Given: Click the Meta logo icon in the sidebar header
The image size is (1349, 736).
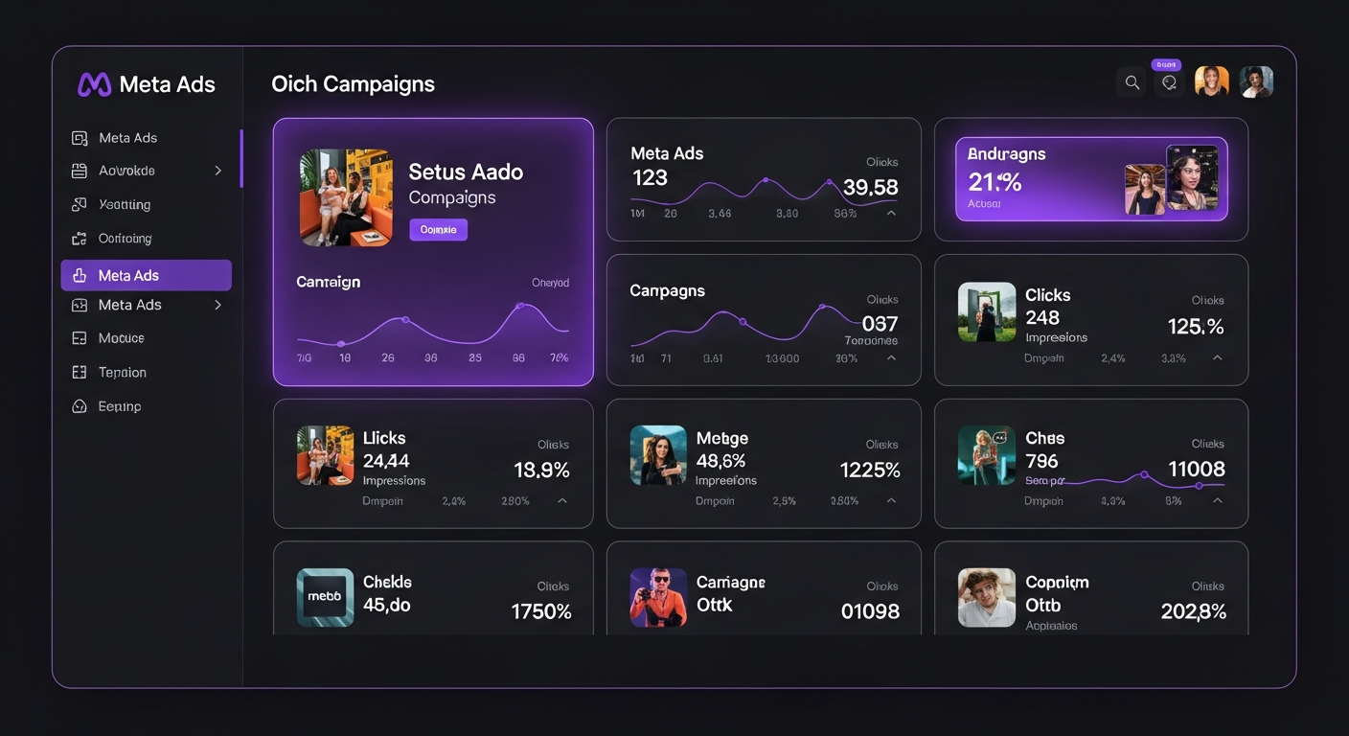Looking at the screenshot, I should (94, 84).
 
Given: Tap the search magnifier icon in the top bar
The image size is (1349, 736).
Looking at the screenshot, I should (1132, 82).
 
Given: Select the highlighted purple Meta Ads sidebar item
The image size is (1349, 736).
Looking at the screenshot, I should (146, 275).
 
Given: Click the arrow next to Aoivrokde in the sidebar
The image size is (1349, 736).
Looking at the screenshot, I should (217, 171).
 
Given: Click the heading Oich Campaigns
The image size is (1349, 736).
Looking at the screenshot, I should (353, 84).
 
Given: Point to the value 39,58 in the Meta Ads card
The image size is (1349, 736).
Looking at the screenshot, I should (870, 188).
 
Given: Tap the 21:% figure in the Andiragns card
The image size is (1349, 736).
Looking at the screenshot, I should (995, 182).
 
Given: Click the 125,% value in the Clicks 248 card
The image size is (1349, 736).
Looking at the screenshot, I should (1195, 327).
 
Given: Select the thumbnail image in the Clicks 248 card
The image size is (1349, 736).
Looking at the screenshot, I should (986, 312).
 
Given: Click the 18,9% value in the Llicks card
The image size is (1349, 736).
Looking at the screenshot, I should (541, 471).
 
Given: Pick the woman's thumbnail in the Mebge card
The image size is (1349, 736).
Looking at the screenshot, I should (658, 455).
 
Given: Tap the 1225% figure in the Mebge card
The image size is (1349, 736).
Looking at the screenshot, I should (869, 471).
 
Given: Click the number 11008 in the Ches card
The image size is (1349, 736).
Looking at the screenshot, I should (1196, 470).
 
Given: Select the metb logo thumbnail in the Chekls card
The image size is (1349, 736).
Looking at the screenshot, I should (325, 597).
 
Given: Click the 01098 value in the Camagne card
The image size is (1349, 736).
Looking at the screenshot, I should (869, 611).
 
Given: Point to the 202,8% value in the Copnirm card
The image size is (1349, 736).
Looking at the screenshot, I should (1193, 611).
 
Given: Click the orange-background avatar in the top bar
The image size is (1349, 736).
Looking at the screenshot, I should (1211, 82).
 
